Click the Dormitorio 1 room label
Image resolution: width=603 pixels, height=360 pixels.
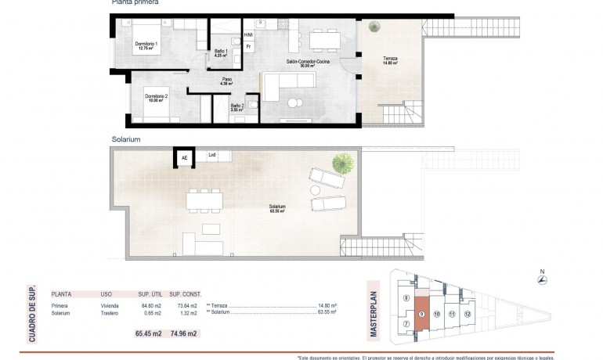coord(146,46)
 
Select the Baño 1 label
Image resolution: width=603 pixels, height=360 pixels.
coord(221,54)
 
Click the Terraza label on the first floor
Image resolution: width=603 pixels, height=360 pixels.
coord(390,61)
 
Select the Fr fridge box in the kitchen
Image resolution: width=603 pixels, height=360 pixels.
coord(248,47)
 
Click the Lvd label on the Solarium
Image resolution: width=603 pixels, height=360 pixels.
coord(211,155)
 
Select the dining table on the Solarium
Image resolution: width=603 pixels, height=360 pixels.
coord(204,200)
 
